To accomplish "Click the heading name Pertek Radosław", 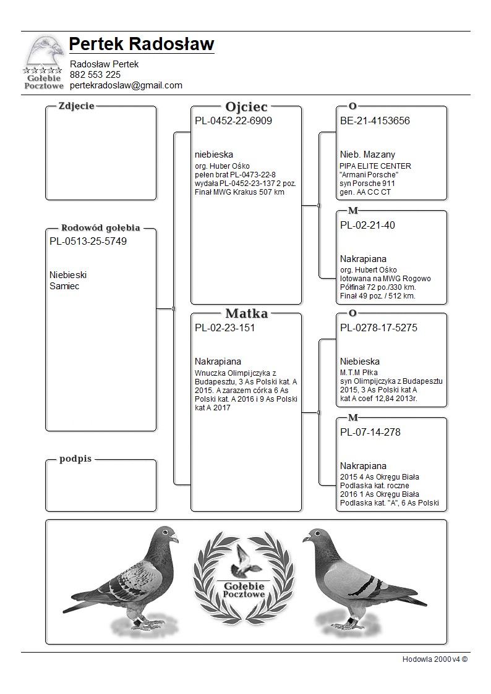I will [x=142, y=44].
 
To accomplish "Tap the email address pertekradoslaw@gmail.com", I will [x=126, y=85].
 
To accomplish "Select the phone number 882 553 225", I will [x=95, y=75].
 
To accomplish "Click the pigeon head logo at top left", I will [x=44, y=53].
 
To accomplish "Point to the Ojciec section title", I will [x=246, y=106].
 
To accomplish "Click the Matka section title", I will [x=246, y=313].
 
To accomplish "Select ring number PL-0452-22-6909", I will [x=233, y=121].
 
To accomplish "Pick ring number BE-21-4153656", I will [x=375, y=121].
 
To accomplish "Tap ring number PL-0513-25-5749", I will [x=88, y=242].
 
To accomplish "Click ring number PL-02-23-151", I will [x=224, y=328].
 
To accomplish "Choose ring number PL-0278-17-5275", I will [x=378, y=328].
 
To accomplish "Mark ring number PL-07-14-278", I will [x=370, y=433].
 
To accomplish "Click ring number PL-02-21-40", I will [x=367, y=226].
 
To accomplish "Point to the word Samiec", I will [x=64, y=286].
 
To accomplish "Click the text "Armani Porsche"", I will [x=369, y=175].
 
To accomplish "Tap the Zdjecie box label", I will [x=76, y=106].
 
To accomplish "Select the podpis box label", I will [x=76, y=459].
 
